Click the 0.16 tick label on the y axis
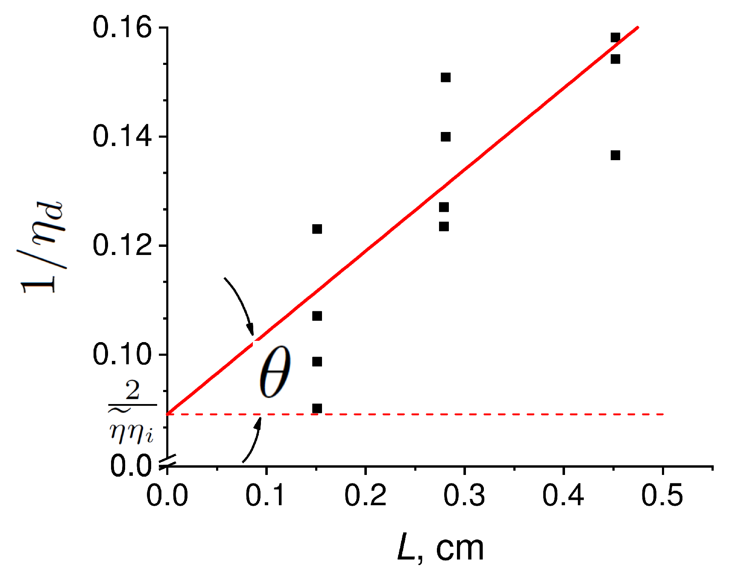pos(122,28)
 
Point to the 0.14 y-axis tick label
pos(122,137)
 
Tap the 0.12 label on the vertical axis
pos(122,246)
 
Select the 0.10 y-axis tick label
pos(122,355)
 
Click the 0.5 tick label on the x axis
pos(662,496)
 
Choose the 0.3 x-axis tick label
pos(464,496)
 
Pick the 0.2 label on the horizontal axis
pos(365,496)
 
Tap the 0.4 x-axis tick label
pos(563,496)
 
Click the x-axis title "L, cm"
pos(440,549)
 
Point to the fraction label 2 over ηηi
pos(132,412)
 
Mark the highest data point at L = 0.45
pos(615,38)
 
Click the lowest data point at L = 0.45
pos(615,155)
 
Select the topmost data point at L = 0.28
pos(445,77)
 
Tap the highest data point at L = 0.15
pos(317,229)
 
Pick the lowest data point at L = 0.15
pos(317,409)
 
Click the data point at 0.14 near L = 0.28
pos(445,137)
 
